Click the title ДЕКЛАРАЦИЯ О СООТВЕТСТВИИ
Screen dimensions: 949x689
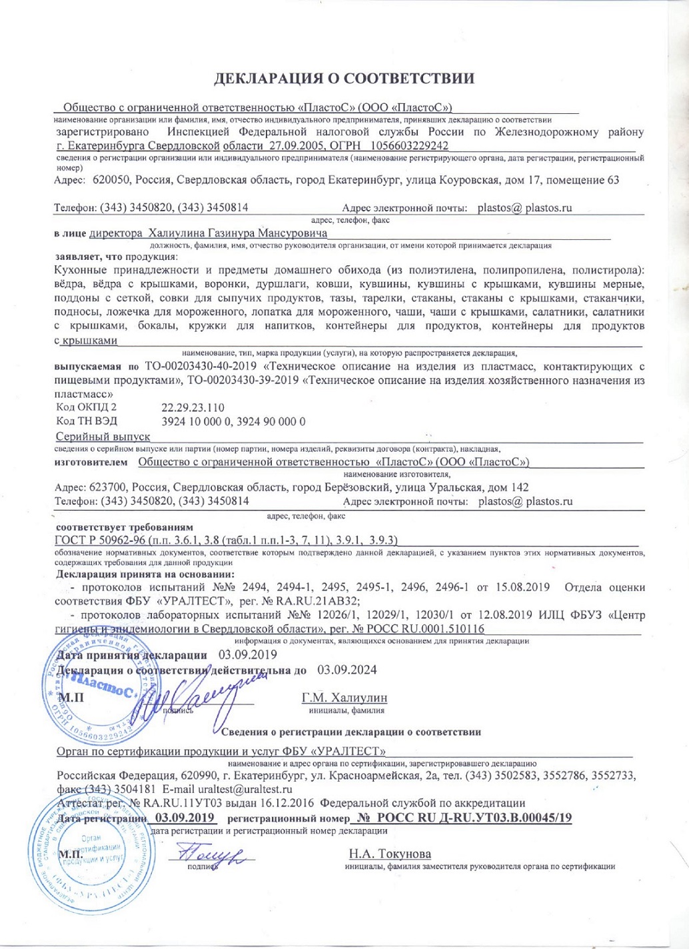click(x=344, y=79)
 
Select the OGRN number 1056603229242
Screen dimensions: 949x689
click(x=408, y=146)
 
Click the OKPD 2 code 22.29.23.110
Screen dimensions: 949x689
click(x=193, y=407)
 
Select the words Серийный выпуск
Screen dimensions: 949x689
click(x=103, y=437)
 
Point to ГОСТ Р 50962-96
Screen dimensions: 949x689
click(x=99, y=540)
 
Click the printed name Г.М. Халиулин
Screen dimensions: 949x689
click(x=344, y=698)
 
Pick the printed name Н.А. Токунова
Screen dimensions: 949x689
click(x=390, y=854)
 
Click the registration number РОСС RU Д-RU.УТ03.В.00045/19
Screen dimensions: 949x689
click(x=464, y=818)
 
